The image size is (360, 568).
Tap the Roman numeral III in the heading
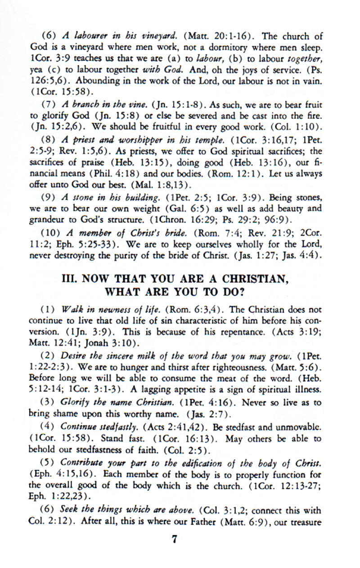[x=70, y=279]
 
